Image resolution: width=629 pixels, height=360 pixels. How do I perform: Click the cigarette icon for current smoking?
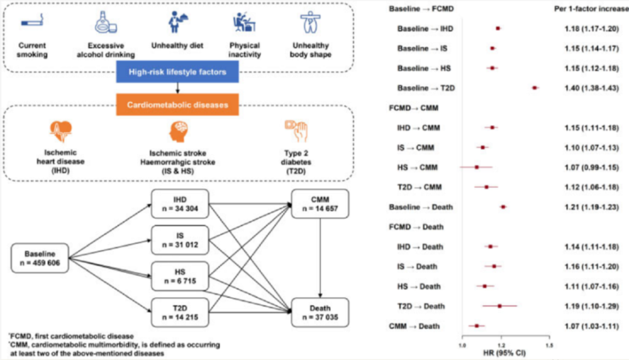pyautogui.click(x=32, y=21)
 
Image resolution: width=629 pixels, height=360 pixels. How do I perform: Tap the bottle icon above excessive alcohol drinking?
pyautogui.click(x=106, y=23)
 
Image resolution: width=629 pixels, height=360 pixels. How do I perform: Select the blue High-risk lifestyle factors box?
pyautogui.click(x=177, y=72)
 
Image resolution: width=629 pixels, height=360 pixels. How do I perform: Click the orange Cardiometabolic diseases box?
pyautogui.click(x=177, y=104)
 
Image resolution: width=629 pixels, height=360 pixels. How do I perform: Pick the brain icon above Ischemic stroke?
pyautogui.click(x=178, y=132)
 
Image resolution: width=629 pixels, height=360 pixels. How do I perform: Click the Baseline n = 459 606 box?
pyautogui.click(x=40, y=258)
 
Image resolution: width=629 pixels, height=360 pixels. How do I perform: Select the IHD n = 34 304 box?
pyautogui.click(x=180, y=204)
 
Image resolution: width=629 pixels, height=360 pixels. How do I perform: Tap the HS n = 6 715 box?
pyautogui.click(x=180, y=276)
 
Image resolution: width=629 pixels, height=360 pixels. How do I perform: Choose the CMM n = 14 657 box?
pyautogui.click(x=320, y=204)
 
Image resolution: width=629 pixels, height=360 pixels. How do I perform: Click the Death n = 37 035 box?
pyautogui.click(x=320, y=313)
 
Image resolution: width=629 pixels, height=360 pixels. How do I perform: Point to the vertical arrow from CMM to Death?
pyautogui.click(x=320, y=258)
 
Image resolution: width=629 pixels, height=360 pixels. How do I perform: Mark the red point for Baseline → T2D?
pyautogui.click(x=535, y=88)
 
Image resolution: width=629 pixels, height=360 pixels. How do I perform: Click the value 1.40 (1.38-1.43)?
pyautogui.click(x=592, y=88)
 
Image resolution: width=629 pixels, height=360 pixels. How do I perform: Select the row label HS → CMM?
pyautogui.click(x=417, y=167)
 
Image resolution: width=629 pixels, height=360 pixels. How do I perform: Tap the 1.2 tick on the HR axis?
pyautogui.click(x=501, y=345)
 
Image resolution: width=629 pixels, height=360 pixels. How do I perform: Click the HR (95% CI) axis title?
pyautogui.click(x=504, y=353)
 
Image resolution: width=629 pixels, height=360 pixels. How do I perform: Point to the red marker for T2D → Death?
pyautogui.click(x=500, y=307)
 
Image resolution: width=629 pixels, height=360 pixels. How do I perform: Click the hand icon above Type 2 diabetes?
pyautogui.click(x=296, y=132)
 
